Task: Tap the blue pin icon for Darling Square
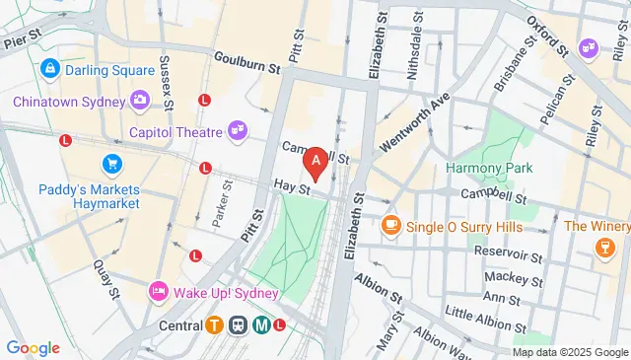coord(49,70)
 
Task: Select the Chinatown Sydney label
coord(68,101)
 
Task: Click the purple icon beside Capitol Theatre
coord(238,129)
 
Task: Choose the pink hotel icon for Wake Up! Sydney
coord(157,293)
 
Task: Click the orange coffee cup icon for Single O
coord(390,226)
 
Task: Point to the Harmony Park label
coord(489,168)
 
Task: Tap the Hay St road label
coord(293,185)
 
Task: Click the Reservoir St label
coord(508,253)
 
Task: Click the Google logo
coord(33,347)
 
